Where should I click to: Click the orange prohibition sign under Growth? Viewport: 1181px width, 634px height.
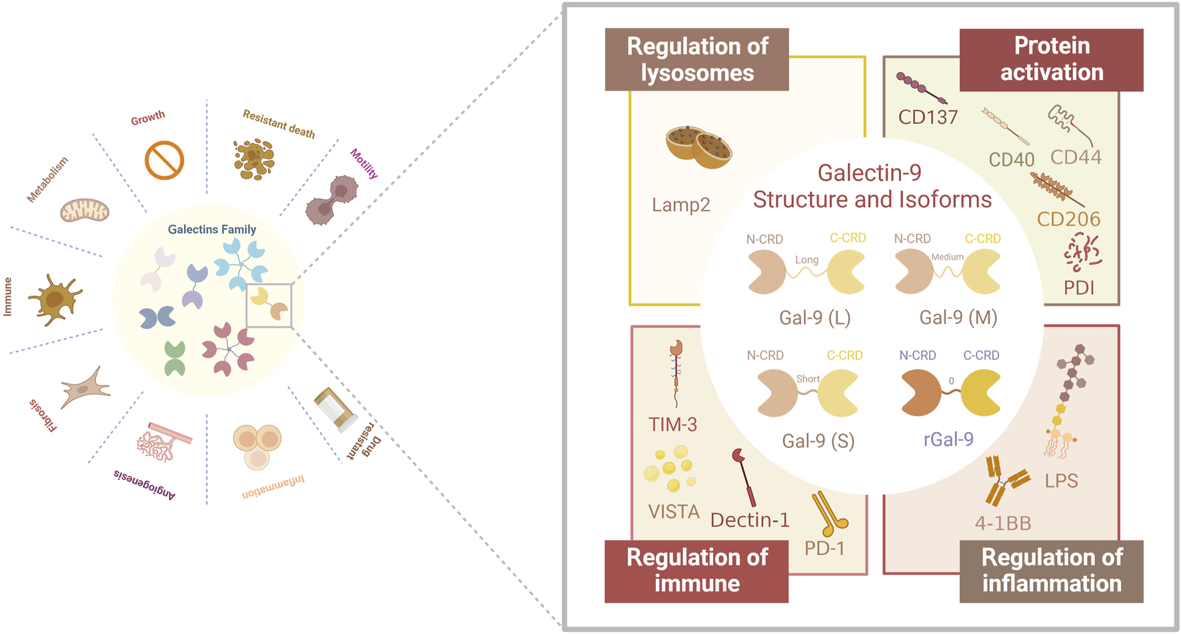click(164, 160)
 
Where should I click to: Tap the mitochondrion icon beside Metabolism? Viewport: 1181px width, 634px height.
click(85, 210)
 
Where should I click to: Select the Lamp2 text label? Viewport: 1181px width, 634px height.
click(680, 204)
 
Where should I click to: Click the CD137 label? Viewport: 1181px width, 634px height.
click(928, 117)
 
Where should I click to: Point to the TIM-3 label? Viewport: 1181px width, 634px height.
click(672, 424)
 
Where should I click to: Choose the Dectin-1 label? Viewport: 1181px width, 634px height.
click(750, 520)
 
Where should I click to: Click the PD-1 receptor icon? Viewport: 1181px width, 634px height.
click(828, 513)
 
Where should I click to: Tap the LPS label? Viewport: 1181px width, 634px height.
click(1061, 480)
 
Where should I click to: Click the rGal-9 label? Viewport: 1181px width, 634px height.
click(948, 440)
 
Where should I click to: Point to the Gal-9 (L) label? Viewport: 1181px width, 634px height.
click(814, 318)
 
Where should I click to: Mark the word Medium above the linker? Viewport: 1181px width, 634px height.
click(947, 257)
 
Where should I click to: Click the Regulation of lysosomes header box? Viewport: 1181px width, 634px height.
click(696, 59)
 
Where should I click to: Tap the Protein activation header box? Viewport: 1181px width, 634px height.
click(1051, 59)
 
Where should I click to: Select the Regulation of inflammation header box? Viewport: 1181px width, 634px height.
click(1051, 571)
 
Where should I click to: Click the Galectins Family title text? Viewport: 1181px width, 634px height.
click(211, 229)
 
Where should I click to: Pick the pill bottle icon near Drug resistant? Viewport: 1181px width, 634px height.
click(335, 408)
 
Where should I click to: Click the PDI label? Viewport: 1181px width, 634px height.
click(1078, 288)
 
